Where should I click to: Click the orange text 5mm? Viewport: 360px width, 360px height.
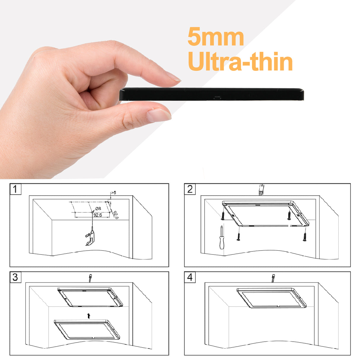click(216, 37)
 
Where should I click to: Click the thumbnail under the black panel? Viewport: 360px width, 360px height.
click(158, 115)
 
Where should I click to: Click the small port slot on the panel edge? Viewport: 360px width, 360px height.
click(218, 97)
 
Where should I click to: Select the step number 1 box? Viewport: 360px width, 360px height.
click(15, 189)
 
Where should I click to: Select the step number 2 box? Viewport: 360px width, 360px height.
click(190, 189)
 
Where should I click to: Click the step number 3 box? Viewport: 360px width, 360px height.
click(15, 277)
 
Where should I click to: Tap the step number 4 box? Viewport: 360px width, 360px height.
click(190, 277)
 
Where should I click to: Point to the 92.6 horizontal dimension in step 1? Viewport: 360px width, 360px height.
click(98, 215)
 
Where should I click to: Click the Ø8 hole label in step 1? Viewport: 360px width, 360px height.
click(98, 209)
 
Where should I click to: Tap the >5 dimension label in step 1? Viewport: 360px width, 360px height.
click(113, 193)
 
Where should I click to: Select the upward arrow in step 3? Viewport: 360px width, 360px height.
click(89, 316)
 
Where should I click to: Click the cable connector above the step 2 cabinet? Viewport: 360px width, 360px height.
click(261, 189)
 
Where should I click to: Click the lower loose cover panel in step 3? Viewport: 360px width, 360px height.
click(87, 329)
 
